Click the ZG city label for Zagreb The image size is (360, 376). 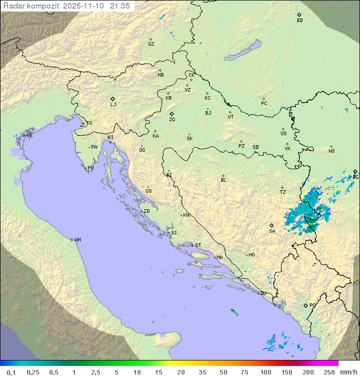(x=172, y=120)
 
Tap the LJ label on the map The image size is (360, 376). (x=113, y=105)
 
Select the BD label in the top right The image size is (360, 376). (x=299, y=21)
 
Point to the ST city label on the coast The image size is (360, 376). (x=198, y=245)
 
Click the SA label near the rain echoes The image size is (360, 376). (x=272, y=231)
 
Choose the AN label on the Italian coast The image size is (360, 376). (x=77, y=240)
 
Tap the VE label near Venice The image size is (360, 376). (x=29, y=136)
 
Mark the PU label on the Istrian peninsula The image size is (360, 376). (x=90, y=168)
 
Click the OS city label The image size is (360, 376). (x=283, y=134)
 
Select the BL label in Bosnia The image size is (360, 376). (x=223, y=180)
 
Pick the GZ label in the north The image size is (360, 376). (x=151, y=44)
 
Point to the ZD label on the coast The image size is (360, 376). (x=146, y=211)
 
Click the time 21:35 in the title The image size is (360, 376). (x=121, y=6)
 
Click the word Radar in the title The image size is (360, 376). (x=12, y=6)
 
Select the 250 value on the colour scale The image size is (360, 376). (x=329, y=372)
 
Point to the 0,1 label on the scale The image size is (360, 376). (x=11, y=372)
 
